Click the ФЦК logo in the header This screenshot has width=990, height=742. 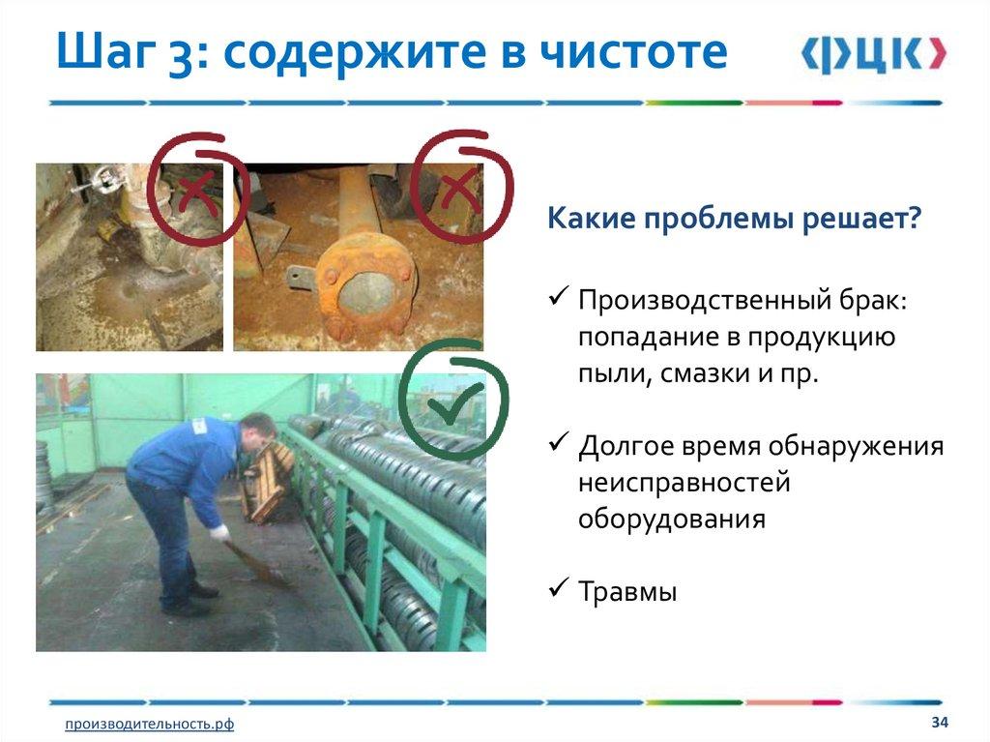click(874, 55)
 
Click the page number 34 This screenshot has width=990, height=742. click(940, 722)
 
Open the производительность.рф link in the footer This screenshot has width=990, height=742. click(150, 725)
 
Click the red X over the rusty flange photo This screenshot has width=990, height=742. click(457, 190)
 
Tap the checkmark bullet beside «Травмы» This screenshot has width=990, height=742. click(559, 588)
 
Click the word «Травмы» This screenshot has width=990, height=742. click(627, 592)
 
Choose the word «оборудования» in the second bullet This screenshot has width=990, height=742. click(672, 520)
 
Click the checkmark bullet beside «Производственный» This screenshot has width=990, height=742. click(559, 295)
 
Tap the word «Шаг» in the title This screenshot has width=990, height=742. click(104, 52)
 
